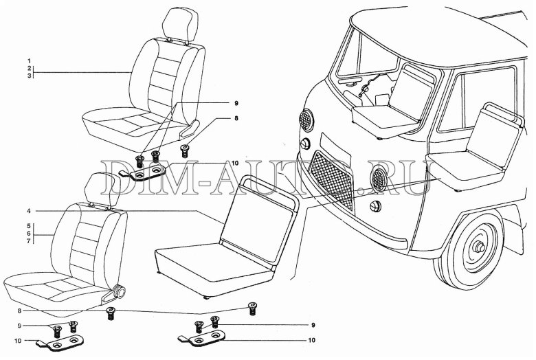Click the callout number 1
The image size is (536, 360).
coord(30,61)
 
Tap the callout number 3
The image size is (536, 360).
coord(30,76)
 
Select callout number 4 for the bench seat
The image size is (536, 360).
coord(30,212)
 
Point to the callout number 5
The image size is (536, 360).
coord(30,226)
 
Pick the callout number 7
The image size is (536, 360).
coord(30,241)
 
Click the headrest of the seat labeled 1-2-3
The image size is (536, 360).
coord(180,25)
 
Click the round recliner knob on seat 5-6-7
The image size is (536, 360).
coord(120,291)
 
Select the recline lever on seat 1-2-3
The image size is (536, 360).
coord(190,128)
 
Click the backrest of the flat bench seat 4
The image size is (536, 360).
coord(260,218)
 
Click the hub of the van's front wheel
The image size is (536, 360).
coord(479,247)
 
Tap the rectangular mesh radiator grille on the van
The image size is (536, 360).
coord(332,181)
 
